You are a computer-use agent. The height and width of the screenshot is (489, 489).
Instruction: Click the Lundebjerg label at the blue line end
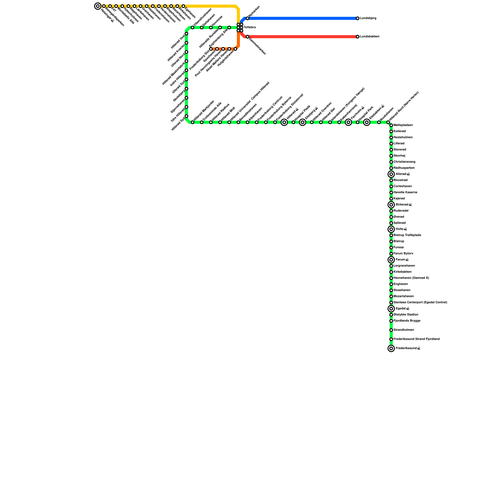click(368, 18)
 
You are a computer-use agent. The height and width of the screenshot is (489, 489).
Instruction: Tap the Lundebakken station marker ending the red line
click(358, 37)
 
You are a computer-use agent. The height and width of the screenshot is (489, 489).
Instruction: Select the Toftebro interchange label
click(250, 28)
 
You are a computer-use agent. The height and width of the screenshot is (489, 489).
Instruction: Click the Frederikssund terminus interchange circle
click(391, 348)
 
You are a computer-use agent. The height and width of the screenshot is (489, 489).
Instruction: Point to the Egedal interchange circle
click(391, 309)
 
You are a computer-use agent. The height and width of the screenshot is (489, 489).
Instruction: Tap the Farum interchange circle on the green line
click(391, 260)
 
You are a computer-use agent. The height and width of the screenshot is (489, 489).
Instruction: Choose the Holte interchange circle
click(391, 229)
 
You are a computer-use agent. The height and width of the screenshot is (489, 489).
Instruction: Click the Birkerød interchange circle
click(391, 205)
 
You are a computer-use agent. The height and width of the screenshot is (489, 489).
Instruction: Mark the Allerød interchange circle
click(391, 174)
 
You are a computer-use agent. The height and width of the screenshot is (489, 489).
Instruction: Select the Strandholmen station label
click(404, 330)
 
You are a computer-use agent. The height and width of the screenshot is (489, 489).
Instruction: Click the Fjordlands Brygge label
click(407, 321)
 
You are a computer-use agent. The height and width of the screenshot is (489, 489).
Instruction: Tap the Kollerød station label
click(400, 131)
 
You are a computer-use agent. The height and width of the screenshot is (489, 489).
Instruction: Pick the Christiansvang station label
click(404, 162)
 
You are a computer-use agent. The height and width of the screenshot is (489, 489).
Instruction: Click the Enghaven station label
click(401, 284)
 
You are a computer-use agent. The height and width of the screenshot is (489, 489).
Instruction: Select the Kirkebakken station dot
click(391, 272)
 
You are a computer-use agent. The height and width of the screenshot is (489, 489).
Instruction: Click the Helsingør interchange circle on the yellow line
click(98, 6)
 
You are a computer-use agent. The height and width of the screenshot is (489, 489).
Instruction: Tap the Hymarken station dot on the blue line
click(248, 18)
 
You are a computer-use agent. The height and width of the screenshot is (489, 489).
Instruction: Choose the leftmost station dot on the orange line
click(211, 49)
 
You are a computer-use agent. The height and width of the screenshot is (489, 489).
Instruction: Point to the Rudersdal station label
click(401, 211)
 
